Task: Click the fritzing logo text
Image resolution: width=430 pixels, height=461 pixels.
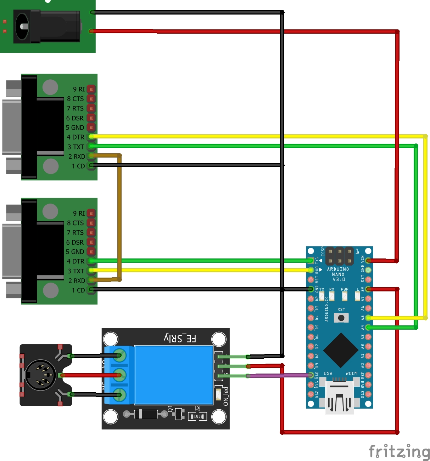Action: click(x=399, y=452)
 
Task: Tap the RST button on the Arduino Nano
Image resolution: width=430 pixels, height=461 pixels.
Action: click(x=341, y=318)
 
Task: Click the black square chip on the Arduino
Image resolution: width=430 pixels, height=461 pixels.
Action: click(x=341, y=350)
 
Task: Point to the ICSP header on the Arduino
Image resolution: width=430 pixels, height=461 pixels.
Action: click(x=339, y=256)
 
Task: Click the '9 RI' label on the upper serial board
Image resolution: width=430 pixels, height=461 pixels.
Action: click(x=79, y=89)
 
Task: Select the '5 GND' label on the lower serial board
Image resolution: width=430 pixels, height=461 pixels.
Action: click(x=75, y=252)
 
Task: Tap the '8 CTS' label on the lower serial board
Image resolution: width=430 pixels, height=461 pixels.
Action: click(x=75, y=223)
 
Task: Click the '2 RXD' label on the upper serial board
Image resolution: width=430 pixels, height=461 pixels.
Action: click(x=77, y=156)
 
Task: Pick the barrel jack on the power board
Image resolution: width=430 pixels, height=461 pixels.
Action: click(x=46, y=27)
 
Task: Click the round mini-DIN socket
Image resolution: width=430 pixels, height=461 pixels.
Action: click(x=40, y=375)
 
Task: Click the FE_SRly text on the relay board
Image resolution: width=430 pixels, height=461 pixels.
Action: click(x=180, y=338)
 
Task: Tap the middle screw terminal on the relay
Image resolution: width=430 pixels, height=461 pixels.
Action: click(x=119, y=375)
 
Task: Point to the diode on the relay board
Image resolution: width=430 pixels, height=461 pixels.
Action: click(x=145, y=414)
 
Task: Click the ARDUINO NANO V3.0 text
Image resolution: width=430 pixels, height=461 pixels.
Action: click(x=338, y=274)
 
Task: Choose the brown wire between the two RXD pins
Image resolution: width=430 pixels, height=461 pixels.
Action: click(x=119, y=218)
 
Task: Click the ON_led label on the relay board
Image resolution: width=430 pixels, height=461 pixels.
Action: click(x=226, y=396)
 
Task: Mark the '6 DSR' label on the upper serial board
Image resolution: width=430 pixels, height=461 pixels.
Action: click(x=75, y=118)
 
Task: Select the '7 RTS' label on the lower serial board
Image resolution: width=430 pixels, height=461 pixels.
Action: click(x=75, y=233)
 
